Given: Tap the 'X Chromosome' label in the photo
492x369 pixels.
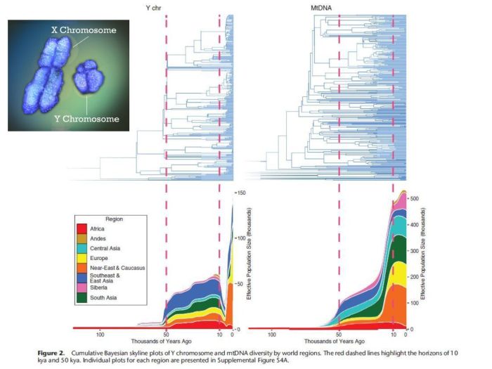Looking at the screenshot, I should click(x=83, y=30).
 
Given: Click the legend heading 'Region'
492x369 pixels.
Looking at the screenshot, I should click(x=114, y=219).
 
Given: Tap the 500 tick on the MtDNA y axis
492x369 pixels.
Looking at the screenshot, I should click(x=415, y=199).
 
